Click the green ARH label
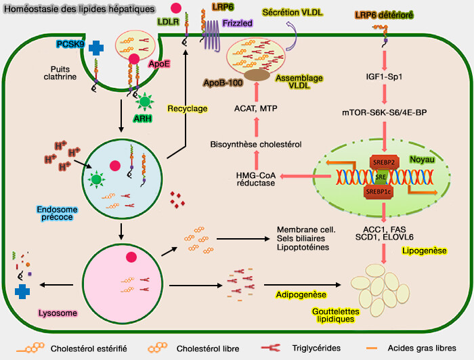143,118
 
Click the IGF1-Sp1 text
384,76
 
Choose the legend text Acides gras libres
434,346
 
